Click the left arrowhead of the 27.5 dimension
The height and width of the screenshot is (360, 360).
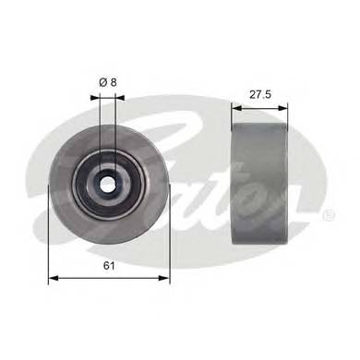(x=234, y=108)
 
